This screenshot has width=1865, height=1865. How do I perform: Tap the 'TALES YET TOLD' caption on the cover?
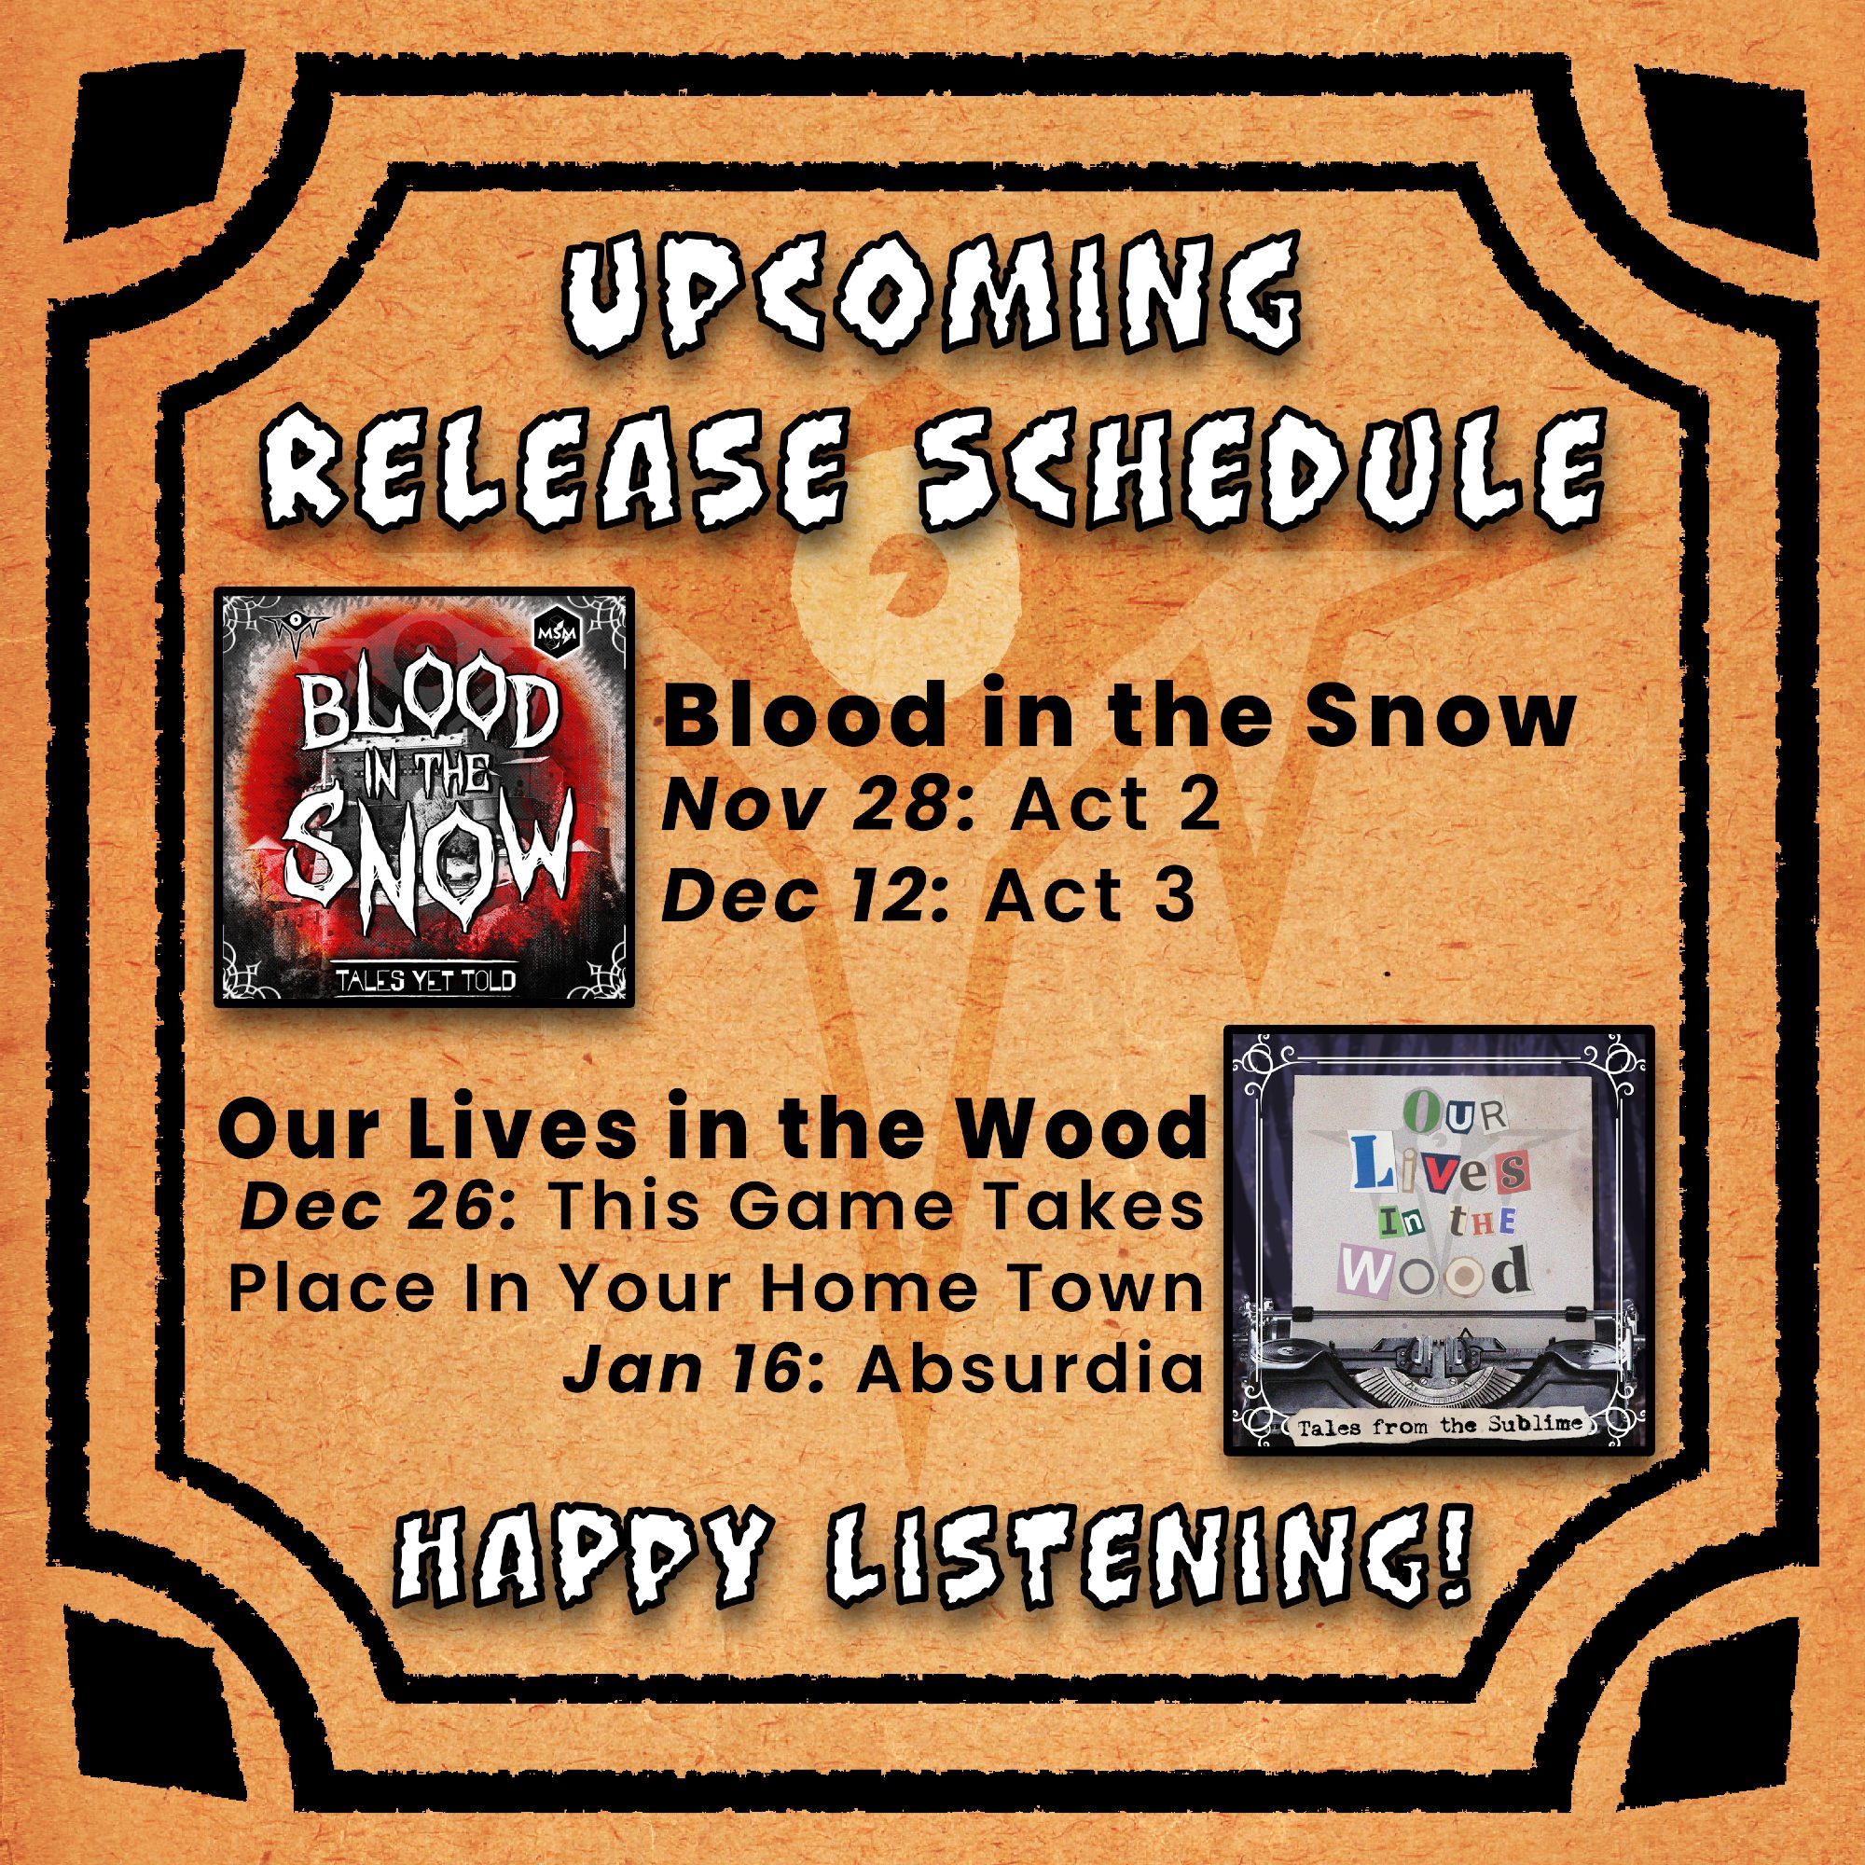tap(424, 980)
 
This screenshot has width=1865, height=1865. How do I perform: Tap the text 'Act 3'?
tap(1089, 897)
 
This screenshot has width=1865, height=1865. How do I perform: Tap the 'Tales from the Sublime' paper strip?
tap(1439, 1425)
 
